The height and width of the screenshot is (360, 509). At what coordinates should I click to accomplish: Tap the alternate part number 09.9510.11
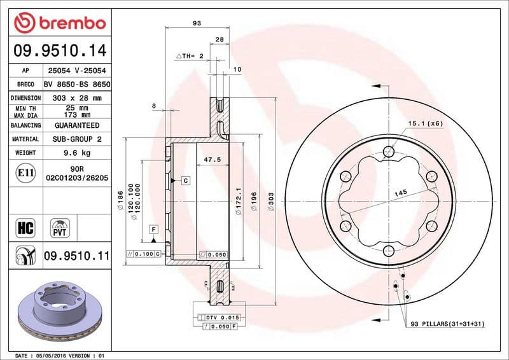click(x=77, y=256)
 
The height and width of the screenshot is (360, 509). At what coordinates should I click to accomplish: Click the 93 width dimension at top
click(x=197, y=23)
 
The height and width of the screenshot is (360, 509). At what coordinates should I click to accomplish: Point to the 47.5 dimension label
click(x=212, y=160)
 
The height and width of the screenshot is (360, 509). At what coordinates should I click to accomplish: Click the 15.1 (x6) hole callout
click(x=425, y=123)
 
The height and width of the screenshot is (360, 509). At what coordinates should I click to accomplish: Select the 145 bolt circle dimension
click(x=400, y=192)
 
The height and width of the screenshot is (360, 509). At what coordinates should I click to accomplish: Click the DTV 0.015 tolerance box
click(x=220, y=317)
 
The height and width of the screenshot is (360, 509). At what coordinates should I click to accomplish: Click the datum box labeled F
click(x=153, y=228)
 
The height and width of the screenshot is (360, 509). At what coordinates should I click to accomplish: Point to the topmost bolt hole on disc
click(x=388, y=151)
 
